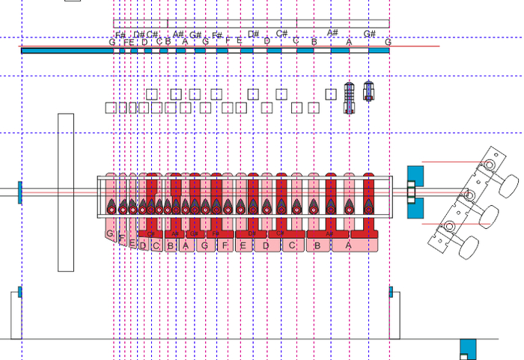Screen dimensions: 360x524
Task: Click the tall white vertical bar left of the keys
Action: [x=66, y=192]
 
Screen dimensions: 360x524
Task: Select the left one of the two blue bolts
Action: [x=349, y=97]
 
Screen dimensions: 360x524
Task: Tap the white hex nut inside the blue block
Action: [x=410, y=192]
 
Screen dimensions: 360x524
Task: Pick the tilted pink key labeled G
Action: [x=111, y=234]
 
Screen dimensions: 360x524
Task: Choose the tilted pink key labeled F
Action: [x=122, y=238]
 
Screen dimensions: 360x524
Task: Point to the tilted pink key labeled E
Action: [x=132, y=242]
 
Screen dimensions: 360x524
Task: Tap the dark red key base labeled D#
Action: [x=252, y=234]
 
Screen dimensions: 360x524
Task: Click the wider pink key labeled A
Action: [x=349, y=245]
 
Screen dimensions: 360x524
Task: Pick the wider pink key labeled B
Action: [x=317, y=245]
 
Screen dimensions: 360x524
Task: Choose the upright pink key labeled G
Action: [x=204, y=245]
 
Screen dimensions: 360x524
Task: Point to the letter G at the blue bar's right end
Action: [x=388, y=43]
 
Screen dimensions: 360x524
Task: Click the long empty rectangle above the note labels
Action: [x=251, y=23]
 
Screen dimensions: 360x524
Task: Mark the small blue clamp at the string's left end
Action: [x=20, y=192]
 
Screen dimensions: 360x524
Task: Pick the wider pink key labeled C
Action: [x=293, y=245]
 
